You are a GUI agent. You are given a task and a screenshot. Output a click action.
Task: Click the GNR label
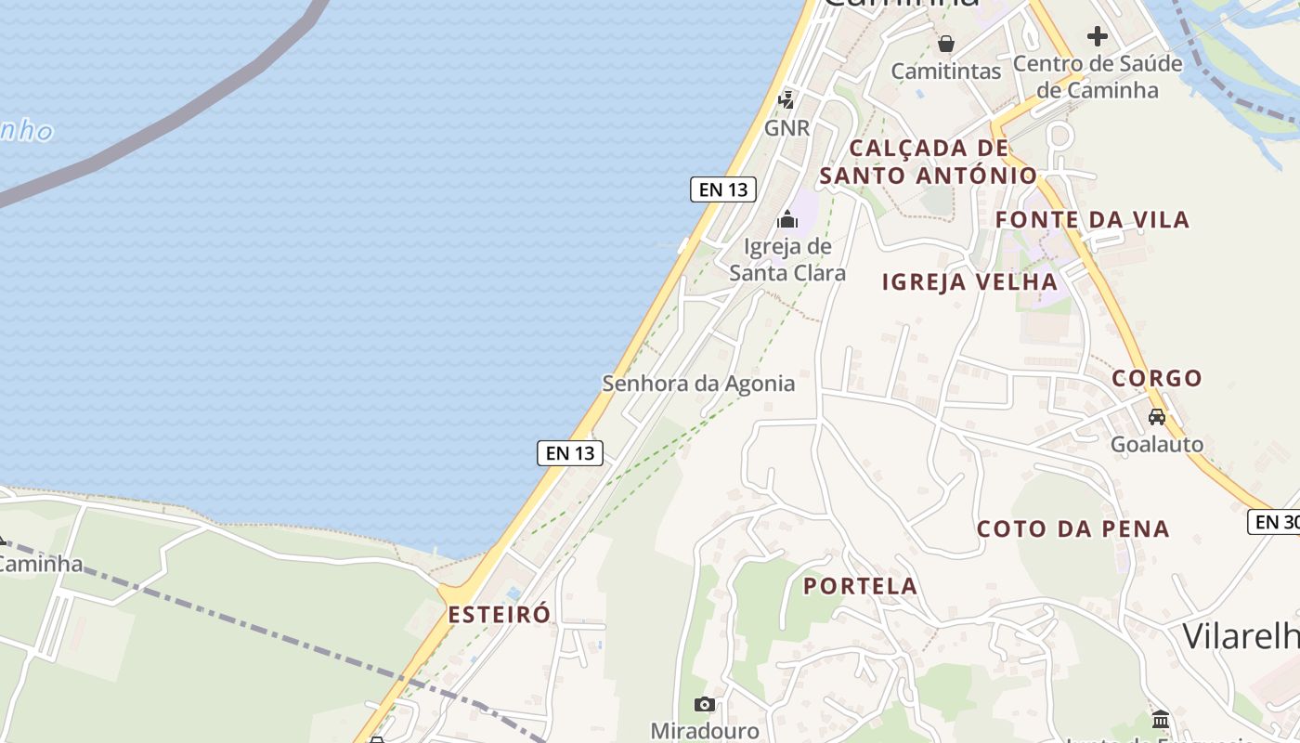787,127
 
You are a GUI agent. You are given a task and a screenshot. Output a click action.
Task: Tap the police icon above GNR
786,98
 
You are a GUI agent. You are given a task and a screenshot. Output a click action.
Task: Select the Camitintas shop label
945,71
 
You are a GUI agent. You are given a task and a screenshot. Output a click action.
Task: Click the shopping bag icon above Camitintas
945,43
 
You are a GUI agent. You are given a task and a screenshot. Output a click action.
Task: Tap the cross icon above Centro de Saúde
1098,36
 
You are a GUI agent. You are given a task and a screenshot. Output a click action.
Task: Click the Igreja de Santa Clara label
787,259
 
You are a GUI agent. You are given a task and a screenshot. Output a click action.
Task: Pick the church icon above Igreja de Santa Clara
787,220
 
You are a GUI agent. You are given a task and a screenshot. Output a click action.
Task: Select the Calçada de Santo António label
929,162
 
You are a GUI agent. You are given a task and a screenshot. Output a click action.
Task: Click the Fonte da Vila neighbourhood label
1092,220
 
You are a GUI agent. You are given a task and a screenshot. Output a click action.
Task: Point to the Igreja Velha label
969,282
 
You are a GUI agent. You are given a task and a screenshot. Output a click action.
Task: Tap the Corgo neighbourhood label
1157,378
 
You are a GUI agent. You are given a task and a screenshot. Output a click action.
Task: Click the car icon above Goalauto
1157,417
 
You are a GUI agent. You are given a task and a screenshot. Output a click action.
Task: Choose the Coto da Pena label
1072,528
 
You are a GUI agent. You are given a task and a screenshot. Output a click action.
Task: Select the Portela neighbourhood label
860,586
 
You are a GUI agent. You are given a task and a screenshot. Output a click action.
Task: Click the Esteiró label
499,614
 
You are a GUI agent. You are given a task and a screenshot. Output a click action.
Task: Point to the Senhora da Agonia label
698,383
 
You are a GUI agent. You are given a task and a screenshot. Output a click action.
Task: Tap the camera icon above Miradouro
705,704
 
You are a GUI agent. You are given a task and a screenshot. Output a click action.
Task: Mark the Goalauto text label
1157,444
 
